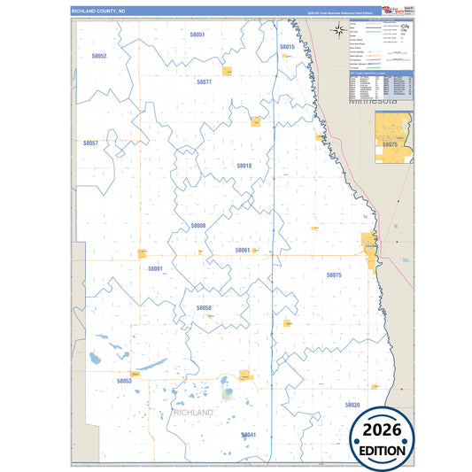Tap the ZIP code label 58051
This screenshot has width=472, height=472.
[197, 35]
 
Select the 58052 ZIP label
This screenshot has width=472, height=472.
[98, 56]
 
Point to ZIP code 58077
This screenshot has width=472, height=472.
[204, 81]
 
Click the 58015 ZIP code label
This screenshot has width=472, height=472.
[287, 46]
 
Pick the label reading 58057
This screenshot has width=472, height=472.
[90, 143]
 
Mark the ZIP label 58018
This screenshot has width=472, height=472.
[244, 166]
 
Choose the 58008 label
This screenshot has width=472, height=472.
[197, 226]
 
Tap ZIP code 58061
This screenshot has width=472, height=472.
[242, 250]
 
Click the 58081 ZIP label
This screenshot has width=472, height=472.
[155, 267]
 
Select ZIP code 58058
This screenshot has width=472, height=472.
[204, 308]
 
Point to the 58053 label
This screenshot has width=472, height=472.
[124, 381]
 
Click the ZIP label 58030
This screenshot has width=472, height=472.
[352, 405]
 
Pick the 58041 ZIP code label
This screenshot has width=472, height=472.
[248, 435]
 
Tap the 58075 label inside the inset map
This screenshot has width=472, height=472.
[390, 143]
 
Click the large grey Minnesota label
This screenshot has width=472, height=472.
[382, 101]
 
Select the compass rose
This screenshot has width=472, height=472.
[340, 31]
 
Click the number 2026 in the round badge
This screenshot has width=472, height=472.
[382, 430]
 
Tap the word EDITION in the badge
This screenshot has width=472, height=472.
[382, 450]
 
